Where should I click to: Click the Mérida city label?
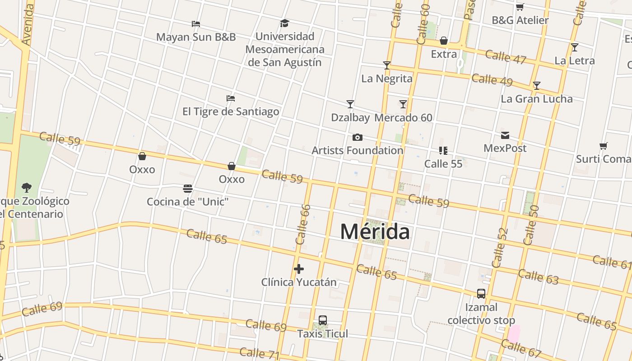pyautogui.click(x=375, y=232)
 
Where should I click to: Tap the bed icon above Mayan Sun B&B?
pyautogui.click(x=195, y=23)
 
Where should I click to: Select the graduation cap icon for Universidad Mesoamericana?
pyautogui.click(x=284, y=23)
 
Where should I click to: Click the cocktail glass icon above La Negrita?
pyautogui.click(x=386, y=65)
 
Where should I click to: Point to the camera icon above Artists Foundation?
pyautogui.click(x=357, y=137)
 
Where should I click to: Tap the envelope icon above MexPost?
pyautogui.click(x=505, y=135)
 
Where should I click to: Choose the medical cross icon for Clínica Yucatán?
pyautogui.click(x=298, y=269)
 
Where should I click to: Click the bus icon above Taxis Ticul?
pyautogui.click(x=322, y=320)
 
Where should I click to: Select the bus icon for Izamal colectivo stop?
pyautogui.click(x=481, y=294)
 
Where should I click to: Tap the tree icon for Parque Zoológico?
pyautogui.click(x=27, y=187)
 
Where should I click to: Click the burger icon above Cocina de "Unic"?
pyautogui.click(x=188, y=188)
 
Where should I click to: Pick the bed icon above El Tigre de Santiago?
pyautogui.click(x=230, y=98)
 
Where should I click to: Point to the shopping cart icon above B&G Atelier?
pyautogui.click(x=520, y=7)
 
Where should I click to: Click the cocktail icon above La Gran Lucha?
pyautogui.click(x=536, y=85)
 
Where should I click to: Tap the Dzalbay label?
pyautogui.click(x=350, y=118)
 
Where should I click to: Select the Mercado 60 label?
pyautogui.click(x=403, y=118)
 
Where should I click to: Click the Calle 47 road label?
pyautogui.click(x=506, y=57)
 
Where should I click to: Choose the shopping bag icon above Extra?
pyautogui.click(x=444, y=41)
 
